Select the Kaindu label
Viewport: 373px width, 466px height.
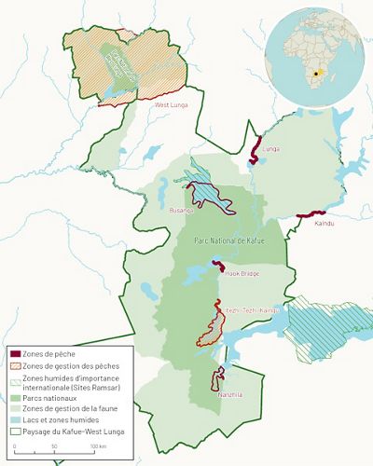click(325, 224)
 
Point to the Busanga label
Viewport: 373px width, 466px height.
click(180, 212)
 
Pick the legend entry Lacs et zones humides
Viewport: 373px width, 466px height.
click(71, 420)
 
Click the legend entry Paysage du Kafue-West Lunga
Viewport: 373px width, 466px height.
click(80, 432)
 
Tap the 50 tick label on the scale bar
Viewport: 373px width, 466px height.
click(54, 448)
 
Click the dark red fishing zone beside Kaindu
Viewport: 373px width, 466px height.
click(309, 214)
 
